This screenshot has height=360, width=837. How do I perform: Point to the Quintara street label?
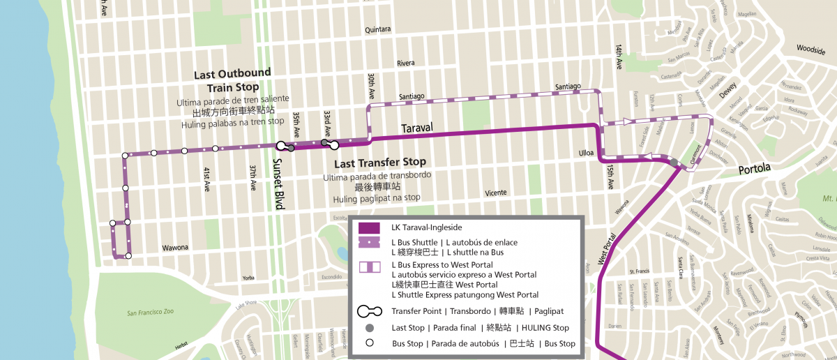(378, 30)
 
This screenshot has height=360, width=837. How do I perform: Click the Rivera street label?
(405, 63)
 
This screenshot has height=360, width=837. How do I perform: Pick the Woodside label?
(811, 50)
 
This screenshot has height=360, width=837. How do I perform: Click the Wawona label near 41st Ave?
(175, 248)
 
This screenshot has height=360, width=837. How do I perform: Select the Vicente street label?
(496, 193)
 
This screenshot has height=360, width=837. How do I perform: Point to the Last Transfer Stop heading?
(379, 163)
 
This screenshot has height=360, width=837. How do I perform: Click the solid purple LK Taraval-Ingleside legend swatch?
(368, 227)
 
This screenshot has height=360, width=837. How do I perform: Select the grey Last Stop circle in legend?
(369, 328)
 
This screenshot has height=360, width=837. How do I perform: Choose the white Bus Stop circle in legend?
(369, 343)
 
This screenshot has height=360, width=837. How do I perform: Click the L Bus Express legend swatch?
(368, 266)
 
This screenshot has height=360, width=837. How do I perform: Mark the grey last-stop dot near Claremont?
(675, 163)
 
